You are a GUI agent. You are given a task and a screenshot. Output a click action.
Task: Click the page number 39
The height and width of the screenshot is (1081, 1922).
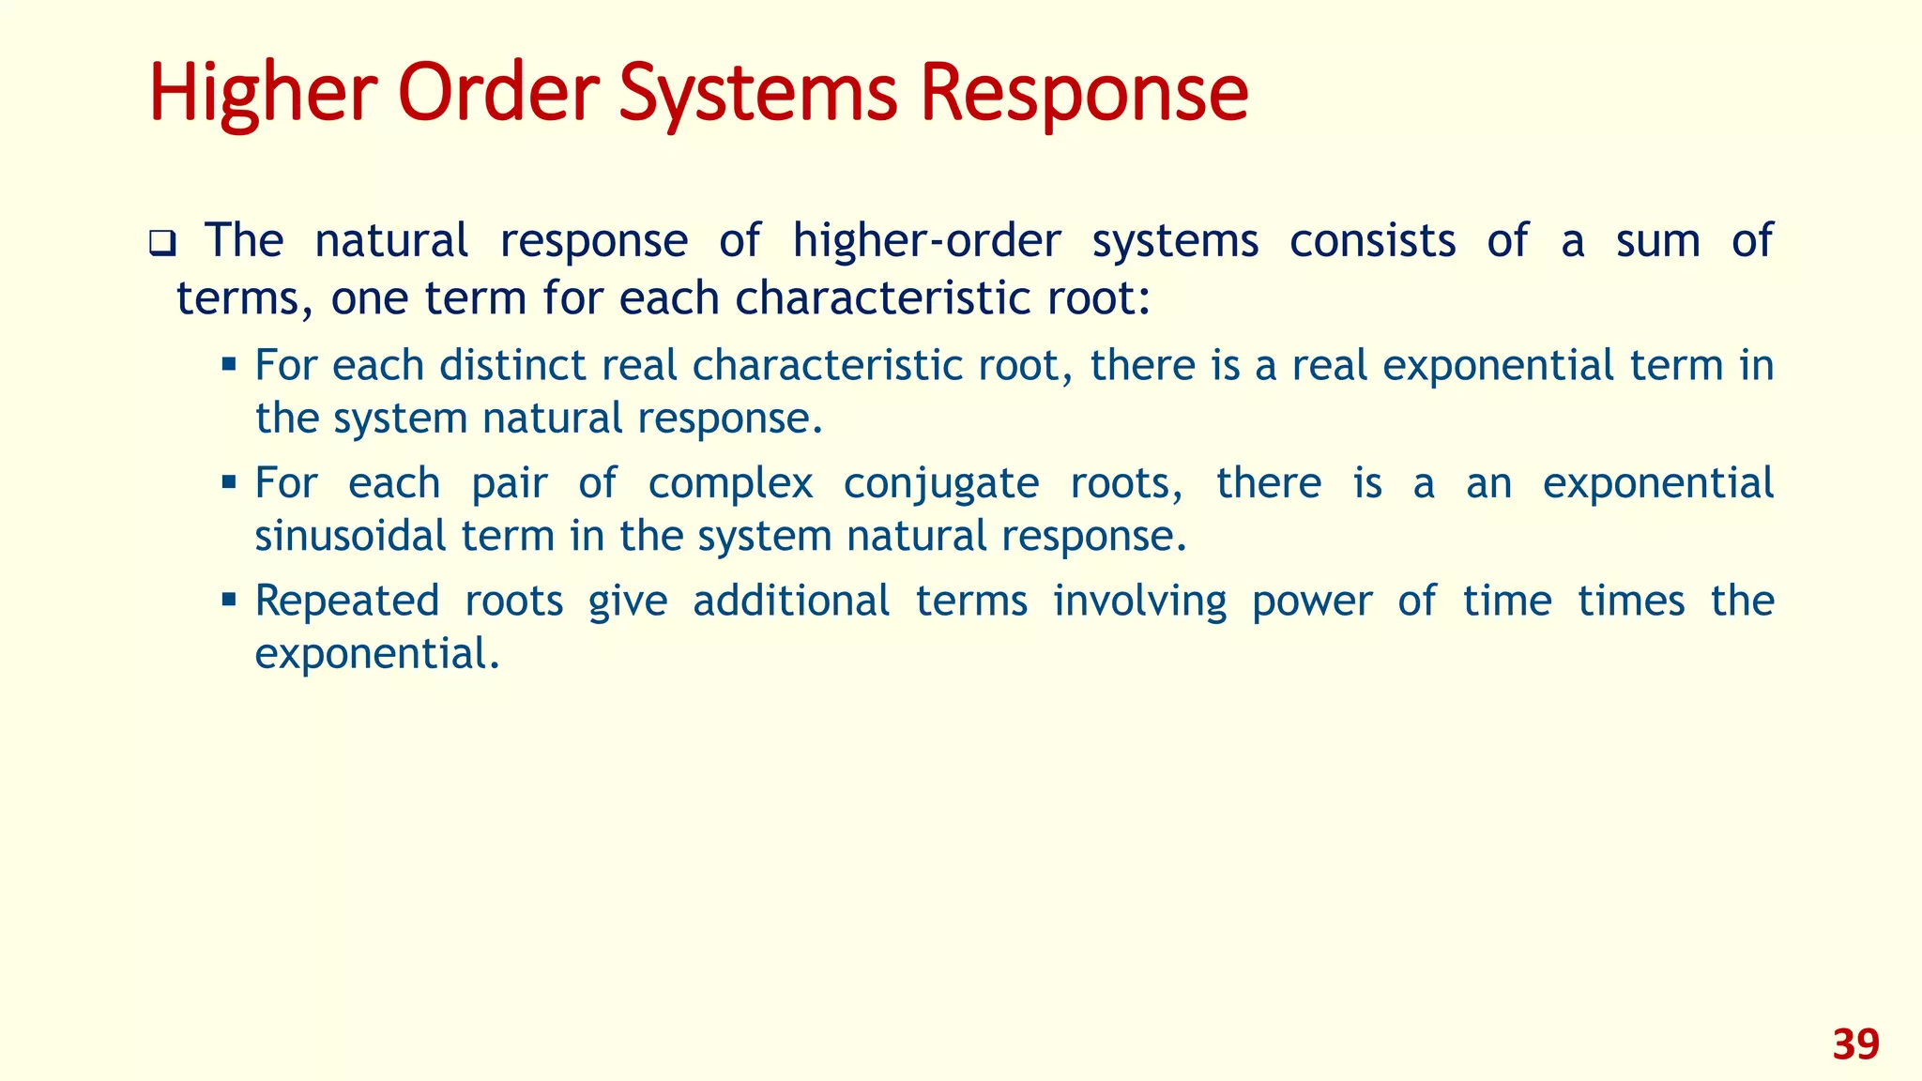1855,1044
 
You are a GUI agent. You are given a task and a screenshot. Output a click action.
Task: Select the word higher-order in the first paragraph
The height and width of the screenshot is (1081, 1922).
926,241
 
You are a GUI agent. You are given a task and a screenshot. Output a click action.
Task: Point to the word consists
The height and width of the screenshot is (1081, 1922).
1372,241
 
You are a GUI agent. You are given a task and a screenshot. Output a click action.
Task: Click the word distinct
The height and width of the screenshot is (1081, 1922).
513,365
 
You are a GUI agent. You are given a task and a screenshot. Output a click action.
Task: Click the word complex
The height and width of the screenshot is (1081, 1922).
730,484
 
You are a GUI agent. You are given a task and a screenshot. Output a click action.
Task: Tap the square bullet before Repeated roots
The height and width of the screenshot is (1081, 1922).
228,599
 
